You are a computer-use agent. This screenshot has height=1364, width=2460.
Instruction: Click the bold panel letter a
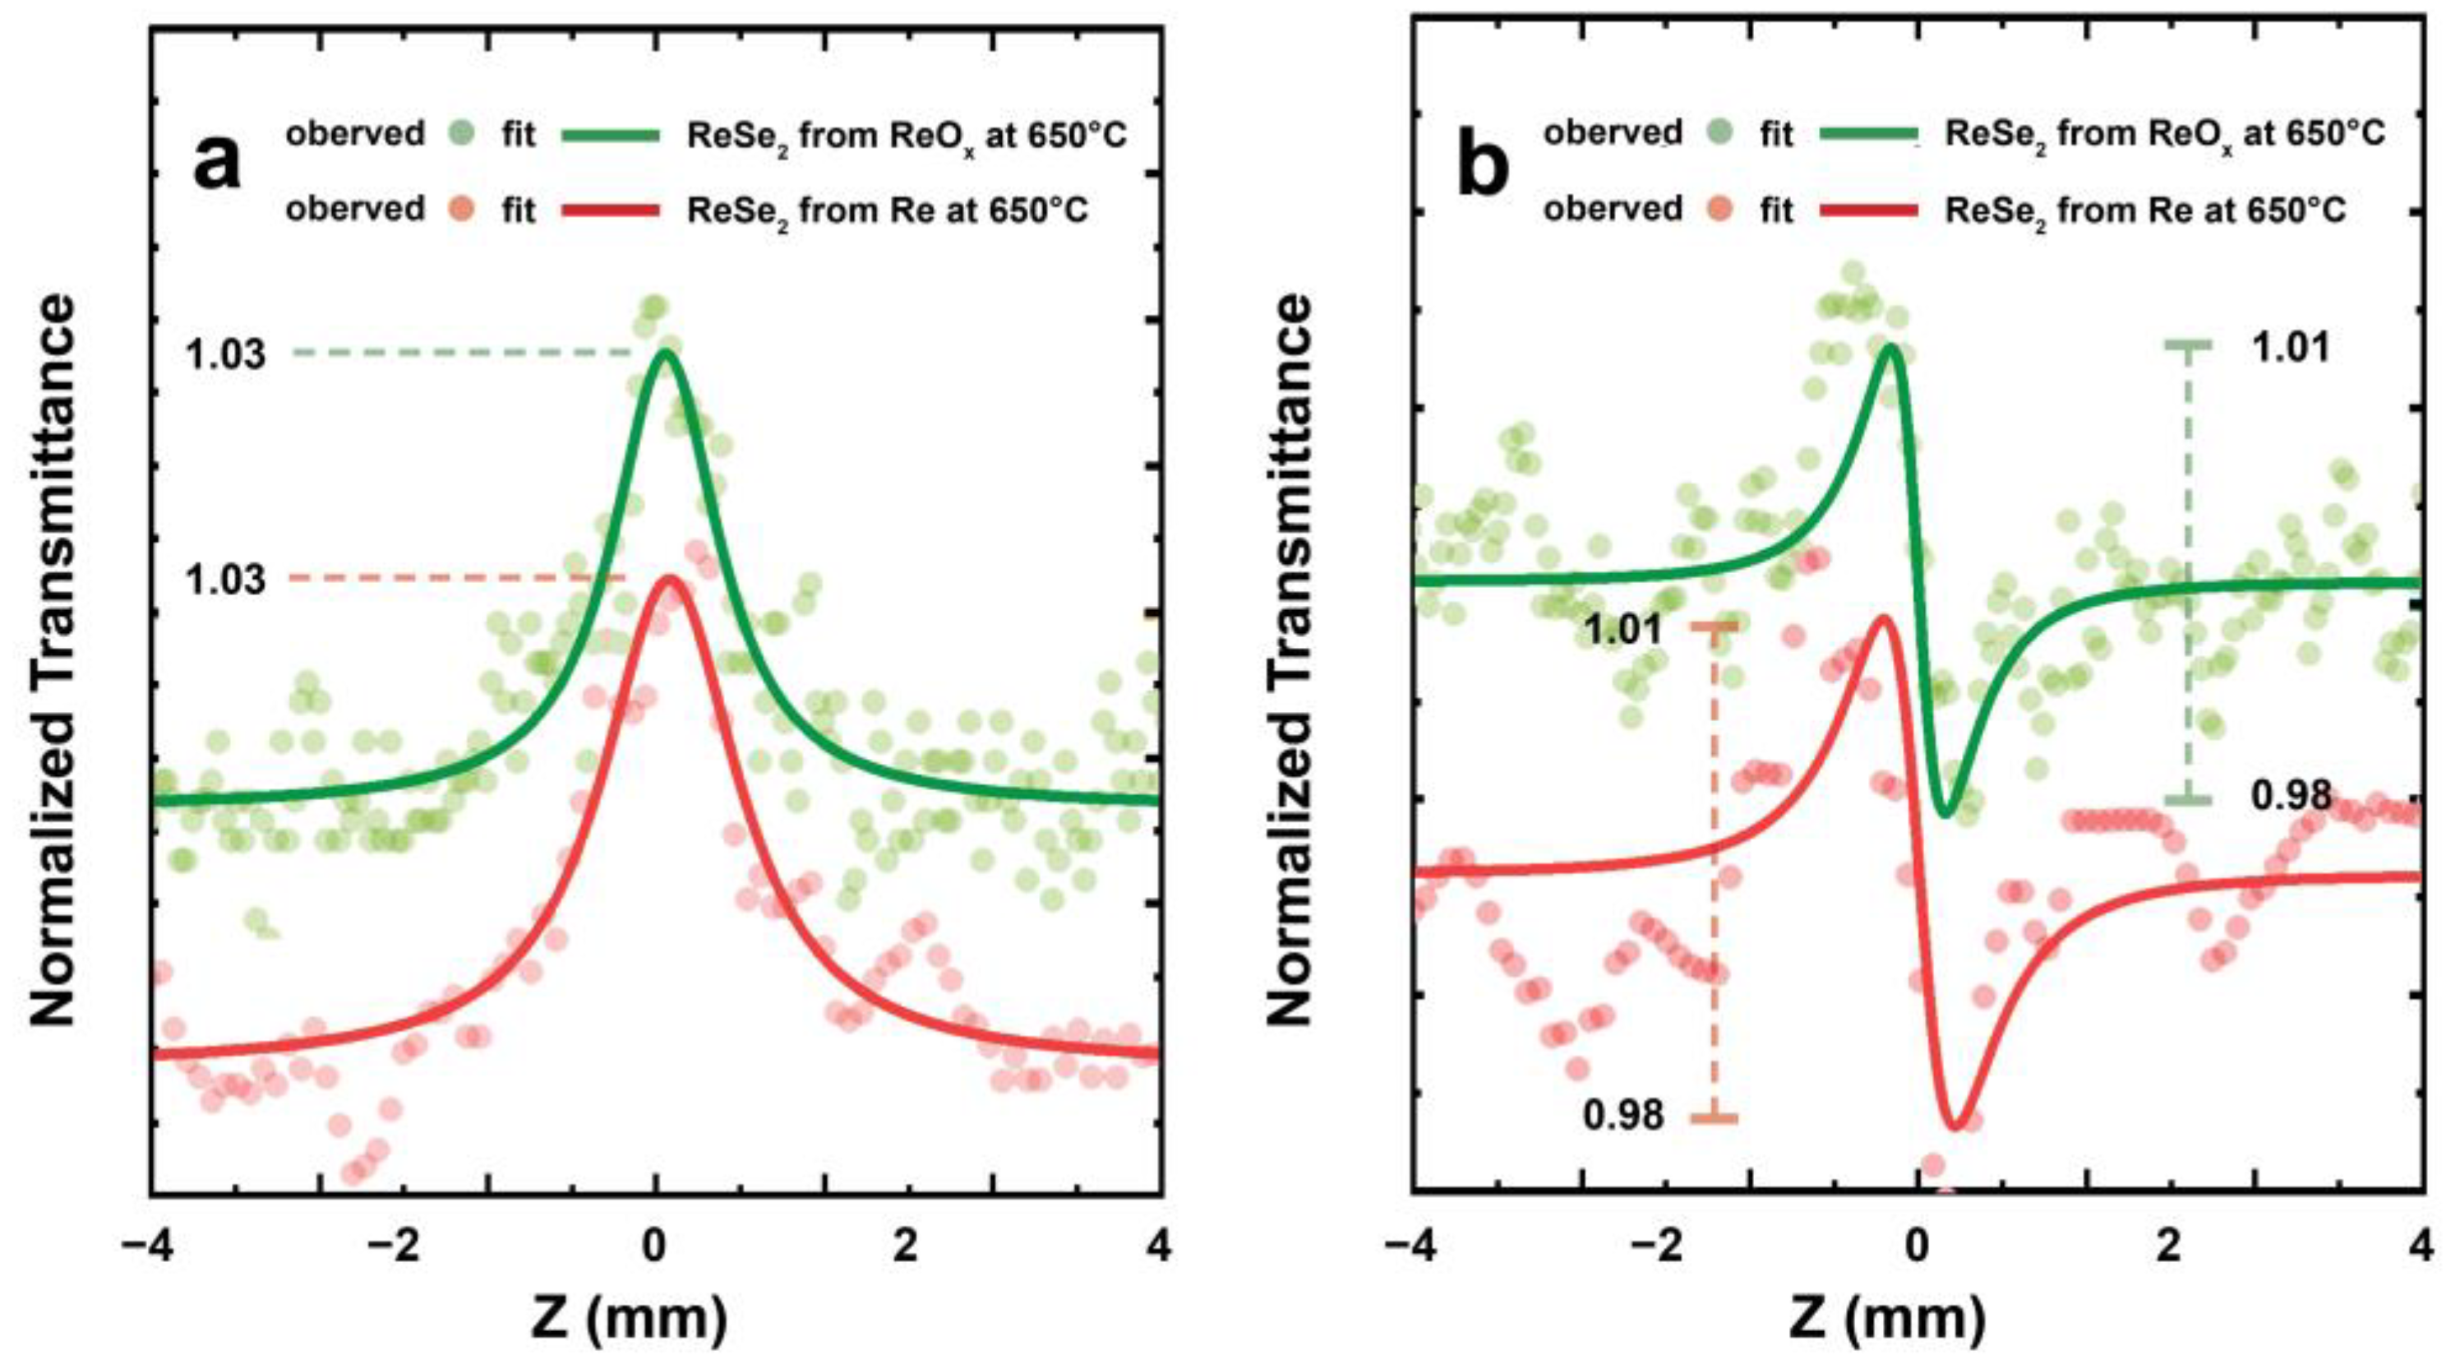pyautogui.click(x=217, y=164)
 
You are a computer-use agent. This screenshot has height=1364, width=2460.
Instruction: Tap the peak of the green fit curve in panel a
pyautogui.click(x=666, y=353)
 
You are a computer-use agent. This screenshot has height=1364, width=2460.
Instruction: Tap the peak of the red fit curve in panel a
pyautogui.click(x=669, y=579)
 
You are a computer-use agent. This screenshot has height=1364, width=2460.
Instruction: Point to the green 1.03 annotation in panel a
pyautogui.click(x=225, y=355)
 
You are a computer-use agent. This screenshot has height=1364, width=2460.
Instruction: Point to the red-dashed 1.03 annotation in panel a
pyautogui.click(x=225, y=580)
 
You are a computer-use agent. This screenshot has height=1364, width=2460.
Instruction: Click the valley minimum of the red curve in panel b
pyautogui.click(x=1955, y=1126)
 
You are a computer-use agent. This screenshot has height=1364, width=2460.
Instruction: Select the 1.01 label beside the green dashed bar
pyautogui.click(x=2291, y=348)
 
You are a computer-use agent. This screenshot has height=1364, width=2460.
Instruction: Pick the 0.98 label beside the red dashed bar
pyautogui.click(x=1623, y=1115)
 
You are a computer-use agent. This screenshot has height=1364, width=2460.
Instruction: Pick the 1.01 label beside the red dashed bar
pyautogui.click(x=1623, y=631)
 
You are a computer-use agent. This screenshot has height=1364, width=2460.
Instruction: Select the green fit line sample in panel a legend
pyautogui.click(x=612, y=136)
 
